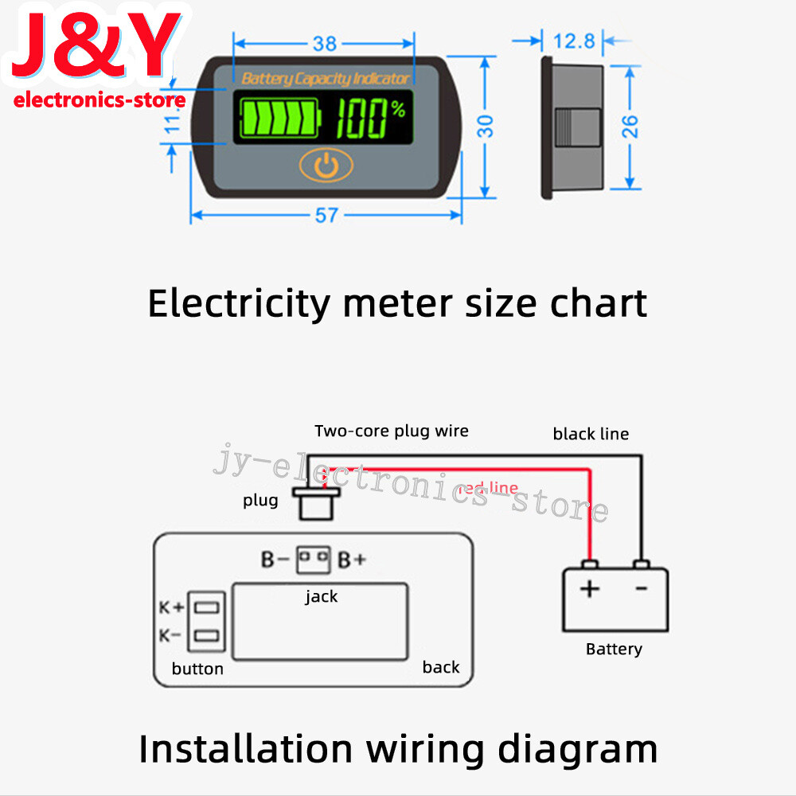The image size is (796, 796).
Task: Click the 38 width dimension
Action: tap(325, 43)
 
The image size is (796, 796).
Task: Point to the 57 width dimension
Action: tap(326, 215)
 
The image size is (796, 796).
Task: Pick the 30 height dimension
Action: tap(486, 126)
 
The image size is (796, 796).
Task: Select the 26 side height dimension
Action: tap(630, 126)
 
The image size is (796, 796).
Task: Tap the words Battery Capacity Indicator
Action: tap(325, 78)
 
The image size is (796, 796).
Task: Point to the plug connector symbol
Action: tap(317, 503)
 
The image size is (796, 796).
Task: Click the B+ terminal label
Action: tap(352, 560)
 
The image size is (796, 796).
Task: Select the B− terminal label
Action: tap(275, 560)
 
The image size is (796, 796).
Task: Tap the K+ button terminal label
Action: tap(172, 607)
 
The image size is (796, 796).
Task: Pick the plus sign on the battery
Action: tap(589, 589)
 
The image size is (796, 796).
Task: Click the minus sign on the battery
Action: tap(642, 588)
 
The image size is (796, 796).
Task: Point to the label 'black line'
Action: tap(591, 434)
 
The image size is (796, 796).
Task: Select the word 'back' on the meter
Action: tap(441, 667)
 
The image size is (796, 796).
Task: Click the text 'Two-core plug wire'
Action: tap(392, 431)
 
